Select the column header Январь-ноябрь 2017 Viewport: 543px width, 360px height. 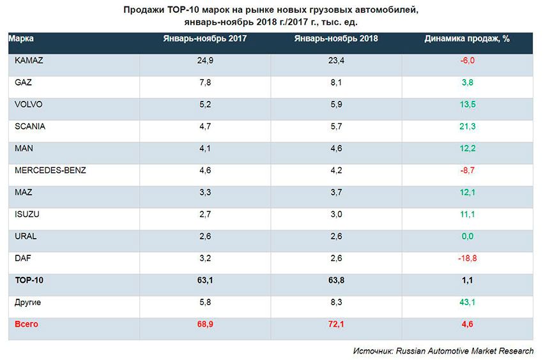click(x=205, y=38)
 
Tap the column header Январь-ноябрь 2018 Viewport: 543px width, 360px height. click(x=336, y=38)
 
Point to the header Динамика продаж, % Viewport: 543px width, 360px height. click(x=467, y=38)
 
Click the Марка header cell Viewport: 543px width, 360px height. click(x=22, y=38)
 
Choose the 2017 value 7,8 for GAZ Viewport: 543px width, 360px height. click(x=205, y=82)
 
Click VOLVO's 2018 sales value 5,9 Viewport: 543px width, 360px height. click(x=336, y=104)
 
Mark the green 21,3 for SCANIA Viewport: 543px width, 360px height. click(x=467, y=126)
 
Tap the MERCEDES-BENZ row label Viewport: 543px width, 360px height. click(x=50, y=170)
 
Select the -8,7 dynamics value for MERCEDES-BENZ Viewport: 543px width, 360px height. click(x=467, y=170)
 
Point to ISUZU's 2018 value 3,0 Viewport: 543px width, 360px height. click(x=336, y=214)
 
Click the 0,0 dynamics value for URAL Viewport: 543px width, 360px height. click(x=467, y=236)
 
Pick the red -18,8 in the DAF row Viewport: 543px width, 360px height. click(x=467, y=259)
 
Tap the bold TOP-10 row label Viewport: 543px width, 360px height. click(x=29, y=280)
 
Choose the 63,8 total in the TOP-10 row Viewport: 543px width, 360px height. click(x=336, y=280)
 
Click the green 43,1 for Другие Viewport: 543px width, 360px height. click(x=467, y=303)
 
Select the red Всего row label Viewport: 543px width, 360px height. click(x=26, y=324)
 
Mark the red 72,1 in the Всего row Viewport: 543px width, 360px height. click(x=336, y=324)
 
